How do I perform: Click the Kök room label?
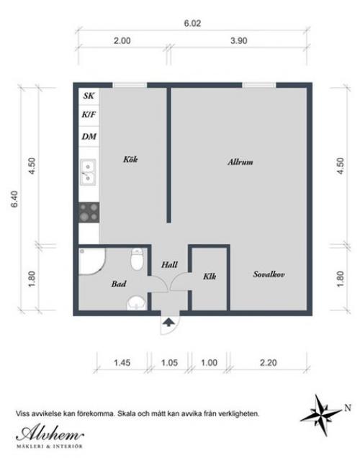click(x=130, y=159)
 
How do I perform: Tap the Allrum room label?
click(x=240, y=162)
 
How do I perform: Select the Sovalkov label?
click(x=269, y=274)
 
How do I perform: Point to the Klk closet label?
click(x=210, y=276)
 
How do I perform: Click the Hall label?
click(x=169, y=264)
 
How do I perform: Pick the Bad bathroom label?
click(x=119, y=284)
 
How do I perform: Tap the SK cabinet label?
click(x=89, y=96)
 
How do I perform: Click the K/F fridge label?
click(x=89, y=114)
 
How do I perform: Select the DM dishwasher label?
click(x=89, y=136)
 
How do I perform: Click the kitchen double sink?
click(x=88, y=172)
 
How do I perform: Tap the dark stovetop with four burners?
click(x=89, y=212)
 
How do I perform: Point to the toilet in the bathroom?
click(x=137, y=259)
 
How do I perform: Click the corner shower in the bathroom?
click(x=91, y=261)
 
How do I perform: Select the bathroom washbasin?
click(x=136, y=303)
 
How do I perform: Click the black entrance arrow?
click(x=168, y=322)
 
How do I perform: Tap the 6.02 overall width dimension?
click(x=192, y=23)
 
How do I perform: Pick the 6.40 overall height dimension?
click(x=14, y=199)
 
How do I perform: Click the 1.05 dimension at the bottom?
click(x=169, y=363)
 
